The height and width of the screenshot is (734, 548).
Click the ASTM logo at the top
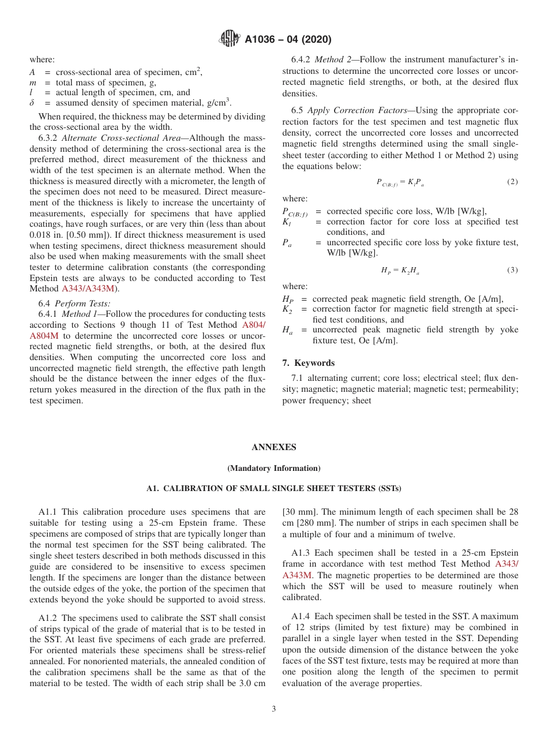[x=229, y=39]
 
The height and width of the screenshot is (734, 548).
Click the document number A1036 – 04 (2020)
[x=288, y=40]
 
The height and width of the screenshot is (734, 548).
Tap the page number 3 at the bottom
[x=274, y=709]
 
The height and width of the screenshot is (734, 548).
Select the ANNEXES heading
[x=273, y=447]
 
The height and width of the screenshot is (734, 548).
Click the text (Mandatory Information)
[x=273, y=468]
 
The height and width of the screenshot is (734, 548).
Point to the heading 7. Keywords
[x=309, y=363]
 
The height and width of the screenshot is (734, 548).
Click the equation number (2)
[x=512, y=182]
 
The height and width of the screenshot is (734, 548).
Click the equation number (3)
[x=512, y=270]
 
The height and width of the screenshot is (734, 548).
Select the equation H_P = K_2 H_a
[x=400, y=270]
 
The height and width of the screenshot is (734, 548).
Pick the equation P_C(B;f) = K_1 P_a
[x=400, y=182]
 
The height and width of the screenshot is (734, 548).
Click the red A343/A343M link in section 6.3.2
[x=88, y=288]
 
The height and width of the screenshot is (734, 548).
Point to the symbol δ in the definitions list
[x=32, y=103]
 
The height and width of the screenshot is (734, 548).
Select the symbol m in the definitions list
[x=33, y=83]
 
